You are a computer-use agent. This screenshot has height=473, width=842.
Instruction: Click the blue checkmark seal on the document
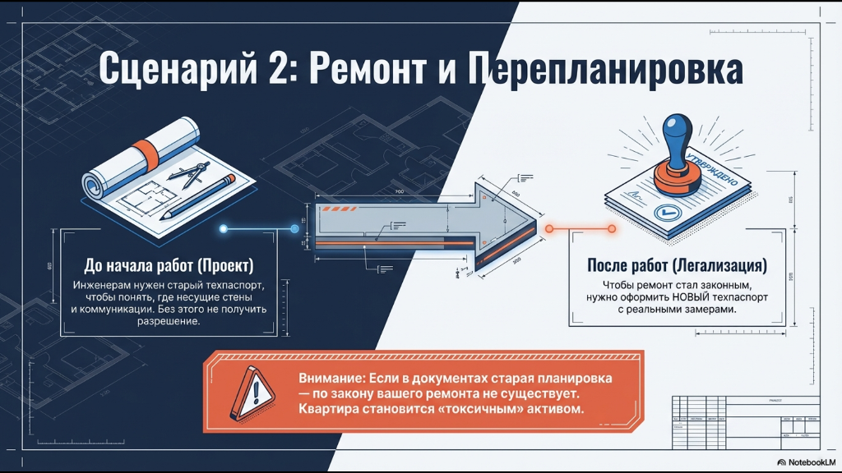click(662, 213)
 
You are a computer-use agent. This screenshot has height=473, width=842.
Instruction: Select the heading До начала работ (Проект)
click(169, 266)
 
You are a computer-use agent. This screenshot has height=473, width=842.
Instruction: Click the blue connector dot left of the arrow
click(295, 229)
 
